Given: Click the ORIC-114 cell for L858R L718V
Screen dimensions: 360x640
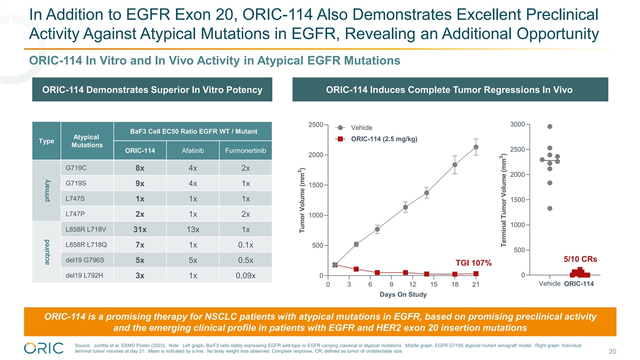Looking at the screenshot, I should coord(140,230).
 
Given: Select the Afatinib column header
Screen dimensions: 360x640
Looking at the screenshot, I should coord(193,150).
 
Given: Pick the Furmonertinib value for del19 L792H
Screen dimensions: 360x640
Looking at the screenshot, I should coord(245,276).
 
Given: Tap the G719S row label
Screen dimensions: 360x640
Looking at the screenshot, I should coord(76,183).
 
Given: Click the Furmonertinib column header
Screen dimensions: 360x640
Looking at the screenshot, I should coord(245,150).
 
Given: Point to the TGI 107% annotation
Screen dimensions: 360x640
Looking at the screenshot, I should coord(474,263).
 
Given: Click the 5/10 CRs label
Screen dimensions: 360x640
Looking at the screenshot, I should coord(580,259).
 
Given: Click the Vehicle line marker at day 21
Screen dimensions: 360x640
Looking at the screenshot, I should coord(476,147).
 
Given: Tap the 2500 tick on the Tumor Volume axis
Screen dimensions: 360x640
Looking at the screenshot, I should coord(315,125).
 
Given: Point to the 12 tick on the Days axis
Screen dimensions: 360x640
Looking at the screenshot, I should coord(412,285).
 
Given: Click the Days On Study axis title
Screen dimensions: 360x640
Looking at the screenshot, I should coord(403,295).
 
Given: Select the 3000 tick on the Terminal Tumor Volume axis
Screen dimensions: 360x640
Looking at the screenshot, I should coord(516,125).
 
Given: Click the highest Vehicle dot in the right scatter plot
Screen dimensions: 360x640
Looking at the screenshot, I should coord(550,126).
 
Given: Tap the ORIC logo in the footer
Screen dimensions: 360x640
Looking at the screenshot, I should coord(44,347).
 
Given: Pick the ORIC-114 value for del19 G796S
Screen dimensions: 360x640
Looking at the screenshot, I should coord(140,261).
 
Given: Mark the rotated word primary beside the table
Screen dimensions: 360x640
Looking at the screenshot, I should coord(47,190).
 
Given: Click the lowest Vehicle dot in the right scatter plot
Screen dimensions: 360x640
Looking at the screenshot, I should coord(550,209).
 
